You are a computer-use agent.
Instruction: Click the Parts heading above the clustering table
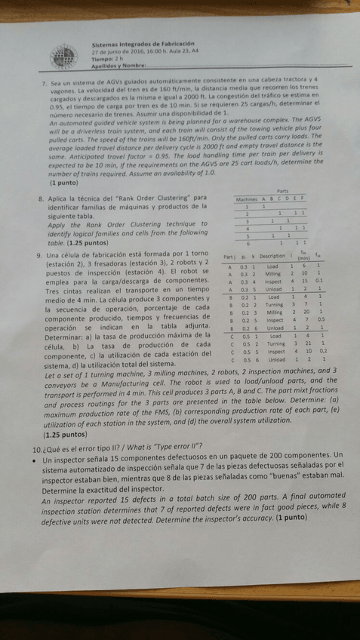(282, 191)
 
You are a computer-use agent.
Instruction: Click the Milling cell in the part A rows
(272, 275)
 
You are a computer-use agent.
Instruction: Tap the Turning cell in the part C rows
(275, 344)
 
